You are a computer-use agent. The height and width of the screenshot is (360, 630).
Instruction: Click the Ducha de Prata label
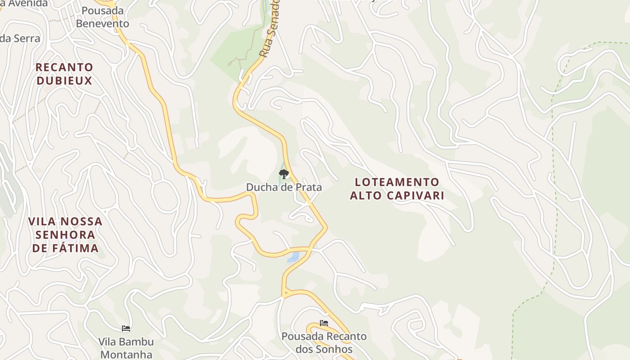(283, 187)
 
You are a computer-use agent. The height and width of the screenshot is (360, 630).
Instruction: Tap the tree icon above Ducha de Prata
(283, 174)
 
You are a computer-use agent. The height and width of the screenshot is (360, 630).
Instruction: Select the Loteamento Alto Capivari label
(397, 189)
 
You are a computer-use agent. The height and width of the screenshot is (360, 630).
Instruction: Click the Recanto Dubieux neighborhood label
(64, 74)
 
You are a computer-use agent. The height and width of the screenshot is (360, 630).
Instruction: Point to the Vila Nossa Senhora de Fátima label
(66, 234)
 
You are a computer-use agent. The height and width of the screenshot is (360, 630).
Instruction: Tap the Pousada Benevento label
(102, 17)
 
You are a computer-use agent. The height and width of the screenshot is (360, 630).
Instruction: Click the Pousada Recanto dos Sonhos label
(324, 342)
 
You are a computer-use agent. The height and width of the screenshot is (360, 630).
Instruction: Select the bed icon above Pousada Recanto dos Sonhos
(324, 323)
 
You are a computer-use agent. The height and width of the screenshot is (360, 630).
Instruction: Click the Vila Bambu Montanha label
(126, 348)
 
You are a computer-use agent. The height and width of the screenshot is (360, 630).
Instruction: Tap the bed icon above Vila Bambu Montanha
(126, 328)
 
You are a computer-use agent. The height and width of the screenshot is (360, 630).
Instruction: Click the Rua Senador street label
(270, 31)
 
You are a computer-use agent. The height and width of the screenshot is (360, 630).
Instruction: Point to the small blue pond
(293, 257)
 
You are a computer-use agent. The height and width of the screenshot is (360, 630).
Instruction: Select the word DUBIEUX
(64, 81)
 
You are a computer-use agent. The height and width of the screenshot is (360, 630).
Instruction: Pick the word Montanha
(126, 354)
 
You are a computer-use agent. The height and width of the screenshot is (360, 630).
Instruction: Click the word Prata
(308, 187)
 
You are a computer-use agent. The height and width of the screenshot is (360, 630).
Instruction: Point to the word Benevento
(102, 23)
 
